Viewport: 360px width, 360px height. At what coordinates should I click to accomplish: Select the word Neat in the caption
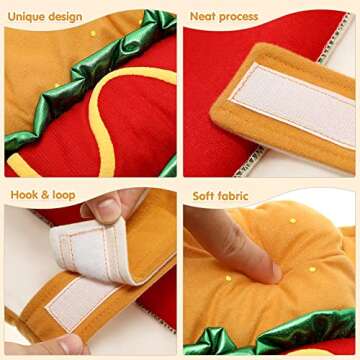tap(206, 16)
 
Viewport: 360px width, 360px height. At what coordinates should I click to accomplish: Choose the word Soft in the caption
tap(204, 194)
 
